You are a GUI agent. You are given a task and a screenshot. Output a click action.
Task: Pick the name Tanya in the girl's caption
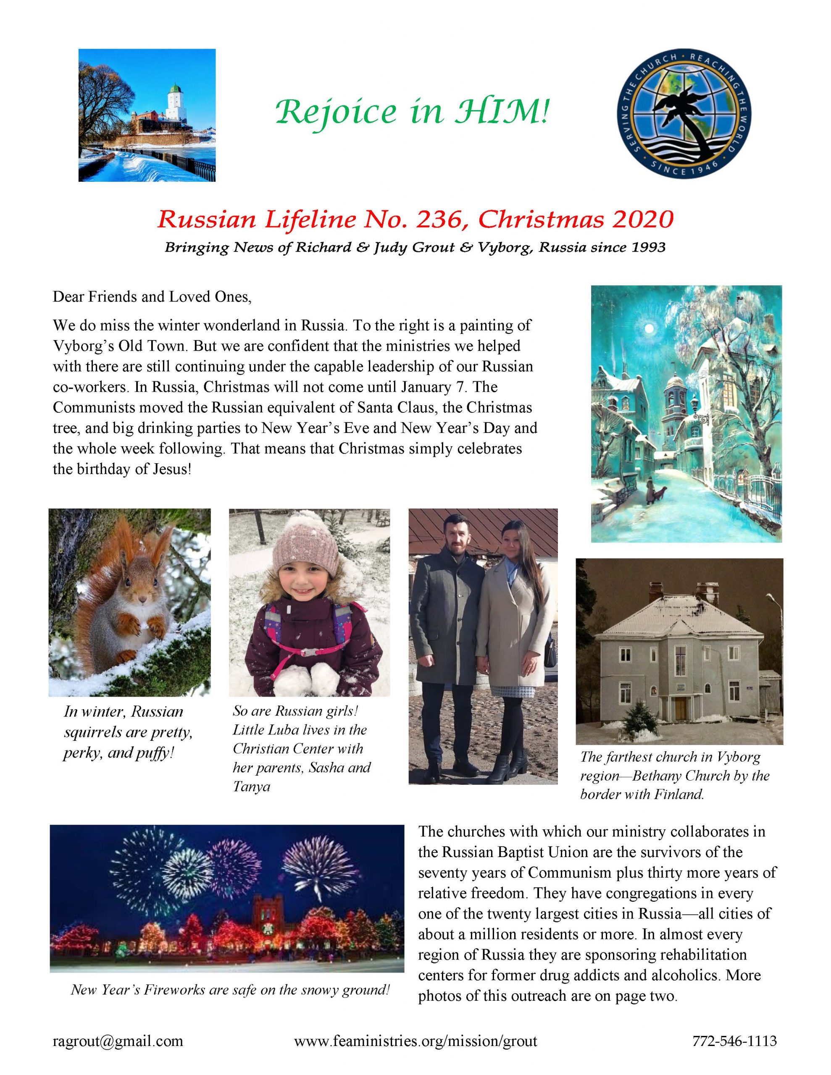coord(252,787)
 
